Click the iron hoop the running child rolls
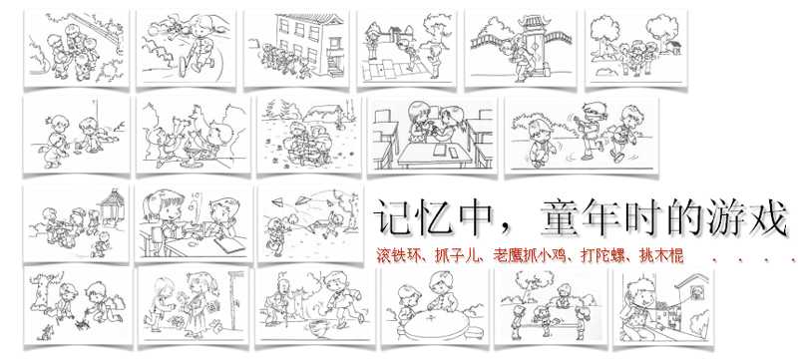coord(185,66)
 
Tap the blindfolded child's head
coord(590,112)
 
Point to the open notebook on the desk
coord(227,245)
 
